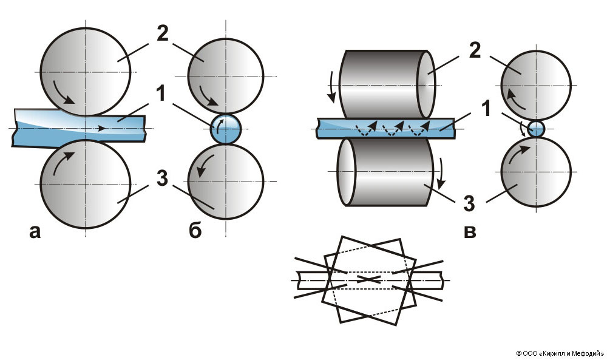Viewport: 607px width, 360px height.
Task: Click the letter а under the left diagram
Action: click(x=34, y=231)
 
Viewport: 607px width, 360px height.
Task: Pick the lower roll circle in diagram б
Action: click(x=226, y=182)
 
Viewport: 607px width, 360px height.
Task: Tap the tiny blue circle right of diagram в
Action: click(x=536, y=129)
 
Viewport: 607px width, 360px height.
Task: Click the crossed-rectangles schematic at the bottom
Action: click(x=370, y=279)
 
